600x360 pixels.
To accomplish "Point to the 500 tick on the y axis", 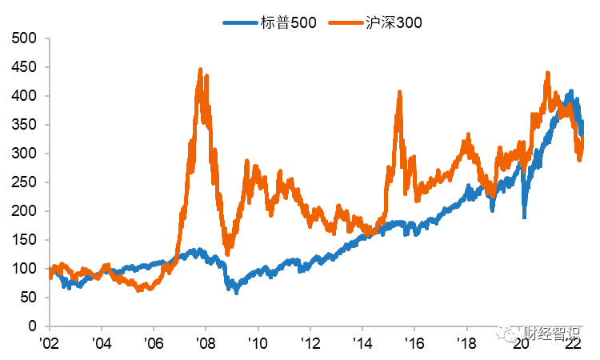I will point(27,38).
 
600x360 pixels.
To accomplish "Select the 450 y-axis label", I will point(27,67).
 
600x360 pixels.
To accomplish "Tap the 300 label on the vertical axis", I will point(27,154).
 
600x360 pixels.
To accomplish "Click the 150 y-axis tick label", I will point(27,240).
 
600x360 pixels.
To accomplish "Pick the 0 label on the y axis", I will point(34,326).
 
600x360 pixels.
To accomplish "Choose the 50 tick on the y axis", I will point(30,298).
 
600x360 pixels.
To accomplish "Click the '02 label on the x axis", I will point(50,342).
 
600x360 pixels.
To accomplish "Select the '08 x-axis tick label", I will point(206,342).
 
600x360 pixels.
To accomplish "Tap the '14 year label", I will point(362,342).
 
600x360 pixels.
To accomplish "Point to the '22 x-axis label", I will point(573,342).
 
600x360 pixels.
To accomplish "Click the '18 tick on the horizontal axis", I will point(467,342).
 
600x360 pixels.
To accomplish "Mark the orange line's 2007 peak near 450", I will point(200,70).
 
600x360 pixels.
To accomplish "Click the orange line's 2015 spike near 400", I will point(398,94).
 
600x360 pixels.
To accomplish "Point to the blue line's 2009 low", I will point(235,292).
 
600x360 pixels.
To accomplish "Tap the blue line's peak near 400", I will point(570,92).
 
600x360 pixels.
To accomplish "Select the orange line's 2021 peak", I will point(547,73).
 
